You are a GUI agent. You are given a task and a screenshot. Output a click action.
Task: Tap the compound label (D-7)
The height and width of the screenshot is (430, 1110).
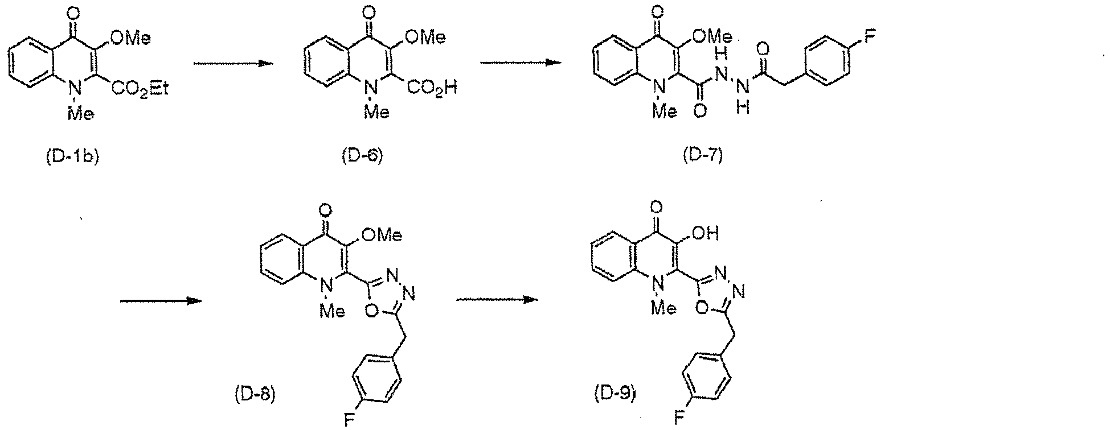(x=702, y=156)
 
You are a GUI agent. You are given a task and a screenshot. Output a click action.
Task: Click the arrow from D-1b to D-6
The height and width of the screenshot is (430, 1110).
(x=231, y=64)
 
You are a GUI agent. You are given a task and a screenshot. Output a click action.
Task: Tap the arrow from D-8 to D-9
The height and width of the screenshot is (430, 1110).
(x=497, y=299)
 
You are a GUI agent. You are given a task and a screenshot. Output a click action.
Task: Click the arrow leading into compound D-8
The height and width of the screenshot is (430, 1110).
(x=161, y=301)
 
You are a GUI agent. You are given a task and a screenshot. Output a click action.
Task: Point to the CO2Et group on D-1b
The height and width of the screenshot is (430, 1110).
(x=141, y=90)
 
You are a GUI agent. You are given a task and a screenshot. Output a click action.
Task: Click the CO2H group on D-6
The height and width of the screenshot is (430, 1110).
(x=432, y=89)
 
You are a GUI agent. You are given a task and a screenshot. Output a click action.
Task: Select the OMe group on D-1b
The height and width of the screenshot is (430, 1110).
(x=132, y=38)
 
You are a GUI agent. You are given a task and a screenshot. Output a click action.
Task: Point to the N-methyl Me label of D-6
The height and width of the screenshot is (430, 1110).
(x=376, y=113)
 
